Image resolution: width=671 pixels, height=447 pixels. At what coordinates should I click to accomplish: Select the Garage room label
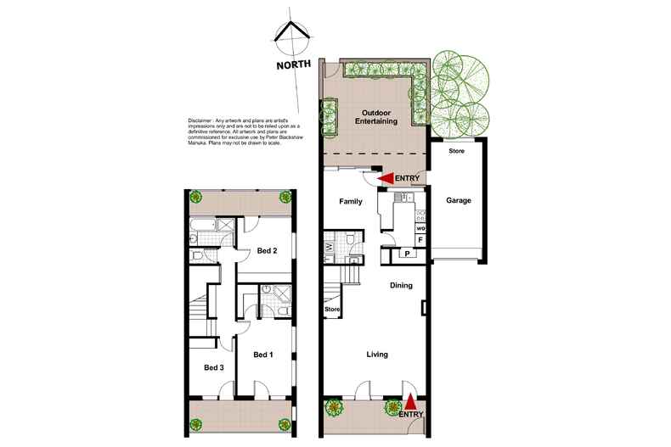click(x=458, y=201)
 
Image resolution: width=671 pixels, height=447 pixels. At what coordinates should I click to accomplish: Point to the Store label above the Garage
click(x=456, y=151)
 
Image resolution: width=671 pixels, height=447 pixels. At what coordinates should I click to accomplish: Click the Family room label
click(x=350, y=201)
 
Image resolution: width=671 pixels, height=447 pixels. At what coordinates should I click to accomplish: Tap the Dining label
click(x=401, y=286)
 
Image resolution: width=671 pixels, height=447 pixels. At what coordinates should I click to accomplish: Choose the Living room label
click(x=378, y=355)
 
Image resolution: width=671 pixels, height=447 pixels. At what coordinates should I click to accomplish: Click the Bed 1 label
click(x=263, y=354)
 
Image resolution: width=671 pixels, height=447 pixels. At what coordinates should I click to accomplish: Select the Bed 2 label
click(x=268, y=250)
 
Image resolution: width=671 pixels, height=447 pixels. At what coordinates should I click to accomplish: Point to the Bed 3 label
click(x=214, y=367)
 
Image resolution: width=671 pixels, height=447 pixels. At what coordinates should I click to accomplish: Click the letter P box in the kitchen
click(x=407, y=254)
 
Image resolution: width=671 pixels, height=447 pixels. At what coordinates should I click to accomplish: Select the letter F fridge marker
click(x=420, y=241)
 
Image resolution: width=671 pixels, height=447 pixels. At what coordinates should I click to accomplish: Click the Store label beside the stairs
click(x=332, y=310)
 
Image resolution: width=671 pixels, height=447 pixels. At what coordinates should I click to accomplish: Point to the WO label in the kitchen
click(x=420, y=227)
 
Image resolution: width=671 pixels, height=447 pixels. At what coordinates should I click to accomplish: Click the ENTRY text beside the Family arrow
click(x=408, y=178)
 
